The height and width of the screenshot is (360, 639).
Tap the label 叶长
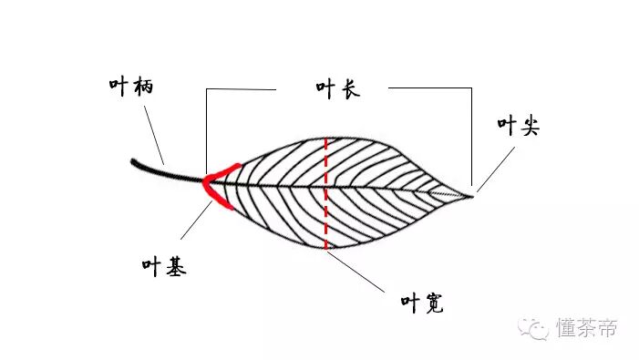(x=333, y=90)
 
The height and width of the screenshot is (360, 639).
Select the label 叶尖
(x=518, y=127)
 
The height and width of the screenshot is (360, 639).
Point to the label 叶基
(x=164, y=267)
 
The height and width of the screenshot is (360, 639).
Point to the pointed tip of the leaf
(x=472, y=193)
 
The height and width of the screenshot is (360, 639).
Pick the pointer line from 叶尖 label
(x=496, y=168)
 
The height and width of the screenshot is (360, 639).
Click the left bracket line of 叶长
(x=207, y=128)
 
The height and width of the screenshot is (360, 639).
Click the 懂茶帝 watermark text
(x=586, y=327)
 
